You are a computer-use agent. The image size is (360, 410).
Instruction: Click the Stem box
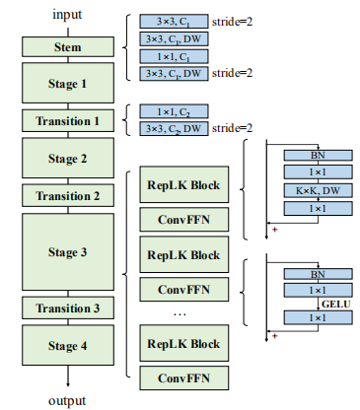(x=69, y=46)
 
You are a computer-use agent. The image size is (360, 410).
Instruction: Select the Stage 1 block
(x=69, y=84)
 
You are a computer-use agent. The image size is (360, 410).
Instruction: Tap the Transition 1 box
(x=69, y=121)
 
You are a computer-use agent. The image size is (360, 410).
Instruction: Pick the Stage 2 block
(x=69, y=158)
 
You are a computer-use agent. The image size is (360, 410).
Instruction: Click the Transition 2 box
(x=69, y=195)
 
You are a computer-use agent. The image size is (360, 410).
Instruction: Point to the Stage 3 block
(x=69, y=252)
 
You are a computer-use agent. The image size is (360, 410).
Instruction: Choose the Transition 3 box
(x=69, y=308)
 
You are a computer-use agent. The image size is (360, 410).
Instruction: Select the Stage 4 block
(x=69, y=346)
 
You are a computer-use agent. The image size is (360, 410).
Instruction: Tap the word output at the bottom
(x=68, y=400)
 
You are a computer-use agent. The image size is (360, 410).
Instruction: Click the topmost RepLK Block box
(x=183, y=184)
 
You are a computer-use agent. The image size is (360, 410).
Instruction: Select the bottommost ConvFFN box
(x=183, y=376)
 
